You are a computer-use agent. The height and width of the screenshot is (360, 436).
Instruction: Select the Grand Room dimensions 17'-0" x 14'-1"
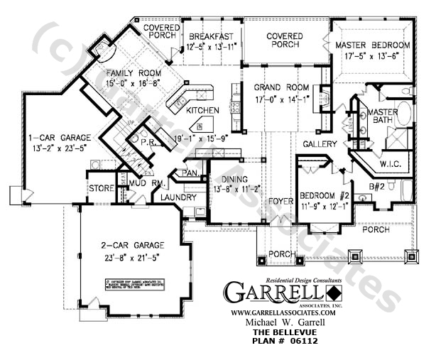point(282,99)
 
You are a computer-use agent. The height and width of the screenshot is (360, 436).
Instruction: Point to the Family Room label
point(133,73)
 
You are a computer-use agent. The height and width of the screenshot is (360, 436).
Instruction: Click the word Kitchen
point(202,111)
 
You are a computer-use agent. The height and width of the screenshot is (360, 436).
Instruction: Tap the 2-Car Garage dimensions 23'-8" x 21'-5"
point(134,254)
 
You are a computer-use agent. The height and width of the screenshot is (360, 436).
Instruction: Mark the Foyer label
point(280,202)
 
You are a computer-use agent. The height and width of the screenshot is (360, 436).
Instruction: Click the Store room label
point(101,188)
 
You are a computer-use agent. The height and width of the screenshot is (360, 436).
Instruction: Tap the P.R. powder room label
point(148,141)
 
